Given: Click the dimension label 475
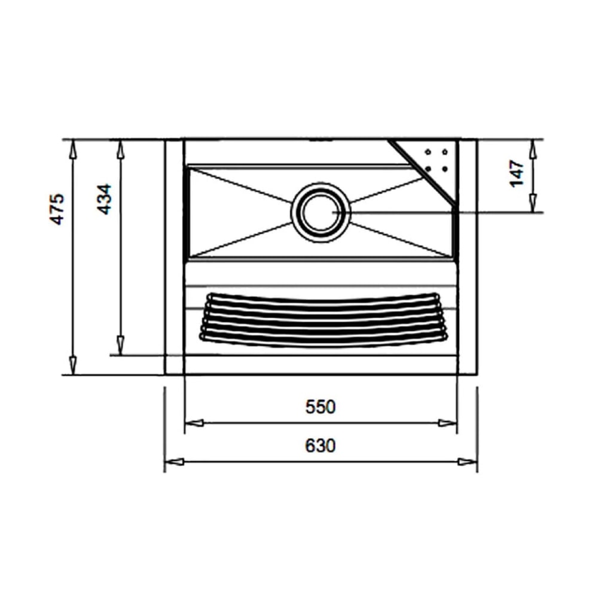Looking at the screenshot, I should click(x=57, y=209).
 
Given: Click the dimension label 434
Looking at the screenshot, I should click(x=105, y=200).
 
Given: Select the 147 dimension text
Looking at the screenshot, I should click(x=518, y=173).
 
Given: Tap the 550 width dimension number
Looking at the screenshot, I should click(x=321, y=407).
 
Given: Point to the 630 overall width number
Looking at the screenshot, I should click(x=321, y=446).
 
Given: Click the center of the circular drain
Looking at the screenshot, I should click(x=321, y=212).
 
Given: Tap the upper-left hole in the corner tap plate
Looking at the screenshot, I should click(x=428, y=152).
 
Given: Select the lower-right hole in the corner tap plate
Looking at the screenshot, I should click(x=446, y=169).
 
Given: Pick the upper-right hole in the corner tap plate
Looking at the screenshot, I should click(x=446, y=152).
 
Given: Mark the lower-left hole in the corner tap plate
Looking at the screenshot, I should click(x=428, y=169).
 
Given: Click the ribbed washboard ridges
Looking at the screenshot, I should click(x=323, y=320).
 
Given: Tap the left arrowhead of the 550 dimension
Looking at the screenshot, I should click(x=194, y=423).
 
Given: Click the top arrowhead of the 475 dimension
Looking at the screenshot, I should click(x=73, y=149).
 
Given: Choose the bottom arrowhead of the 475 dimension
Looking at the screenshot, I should click(x=73, y=364).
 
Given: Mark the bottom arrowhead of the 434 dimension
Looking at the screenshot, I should click(x=120, y=344).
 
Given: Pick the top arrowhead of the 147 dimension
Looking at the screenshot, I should click(x=532, y=148).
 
